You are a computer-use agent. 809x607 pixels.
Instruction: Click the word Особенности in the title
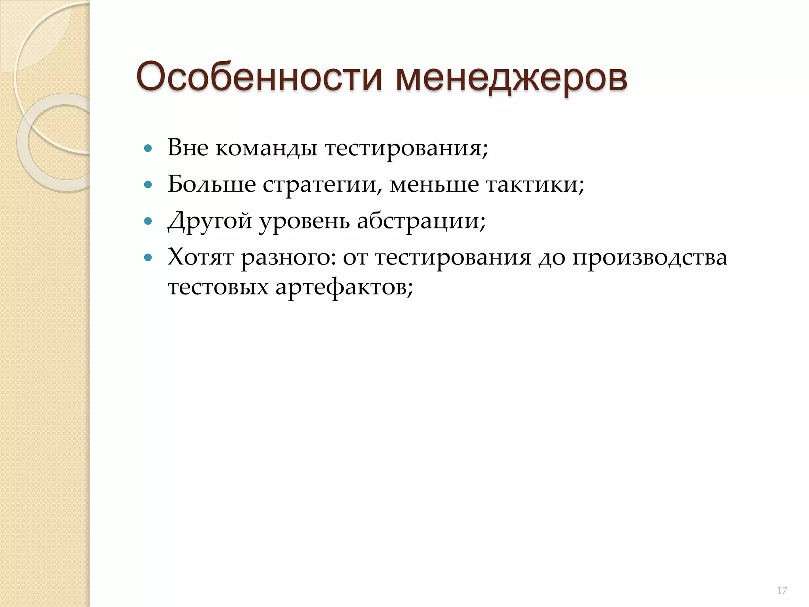pyautogui.click(x=259, y=77)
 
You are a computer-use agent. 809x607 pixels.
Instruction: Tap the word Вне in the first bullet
pyautogui.click(x=188, y=148)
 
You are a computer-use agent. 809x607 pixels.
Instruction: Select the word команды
pyautogui.click(x=266, y=149)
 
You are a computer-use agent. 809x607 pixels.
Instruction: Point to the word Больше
pyautogui.click(x=212, y=185)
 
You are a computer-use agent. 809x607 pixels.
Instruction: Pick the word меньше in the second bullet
pyautogui.click(x=434, y=185)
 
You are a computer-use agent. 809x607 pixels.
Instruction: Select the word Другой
pyautogui.click(x=210, y=221)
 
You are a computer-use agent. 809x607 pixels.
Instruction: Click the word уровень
pyautogui.click(x=305, y=221)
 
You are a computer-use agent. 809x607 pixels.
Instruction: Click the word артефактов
pyautogui.click(x=344, y=287)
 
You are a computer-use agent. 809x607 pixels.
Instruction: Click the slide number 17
pyautogui.click(x=782, y=590)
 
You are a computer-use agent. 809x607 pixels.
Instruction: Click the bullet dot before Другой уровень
pyautogui.click(x=148, y=221)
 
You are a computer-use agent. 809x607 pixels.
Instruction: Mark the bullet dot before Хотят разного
pyautogui.click(x=148, y=258)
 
